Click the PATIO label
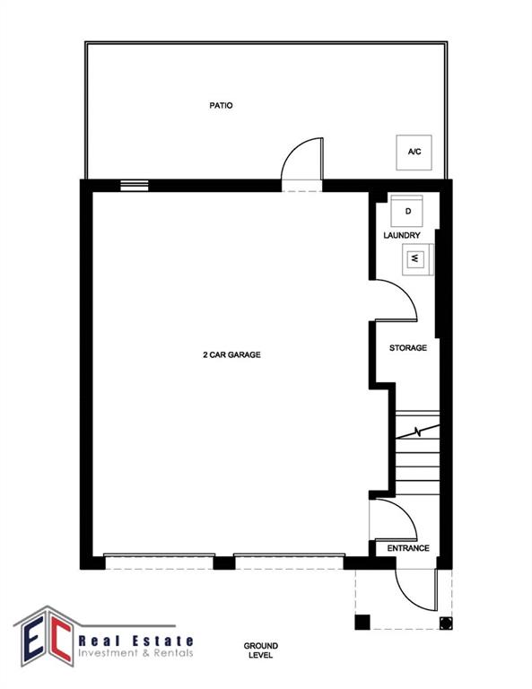221,106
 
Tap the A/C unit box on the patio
414,152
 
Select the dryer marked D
406,212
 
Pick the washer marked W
418,258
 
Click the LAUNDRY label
402,236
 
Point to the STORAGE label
408,348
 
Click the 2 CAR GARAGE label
231,354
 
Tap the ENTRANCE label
408,548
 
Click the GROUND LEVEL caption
261,650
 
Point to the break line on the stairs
418,432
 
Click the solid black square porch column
362,623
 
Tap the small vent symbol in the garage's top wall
135,186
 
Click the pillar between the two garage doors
224,563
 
